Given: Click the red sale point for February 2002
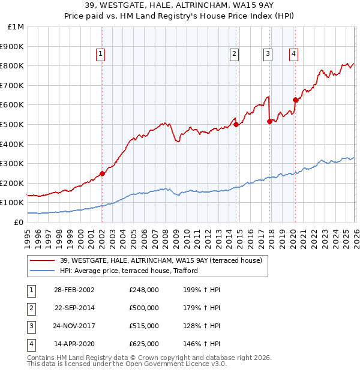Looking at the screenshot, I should pos(102,173).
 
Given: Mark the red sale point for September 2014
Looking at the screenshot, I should pos(236,124).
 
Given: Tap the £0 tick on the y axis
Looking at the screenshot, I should pos(19,222).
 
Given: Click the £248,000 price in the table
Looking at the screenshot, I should pos(144,290).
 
